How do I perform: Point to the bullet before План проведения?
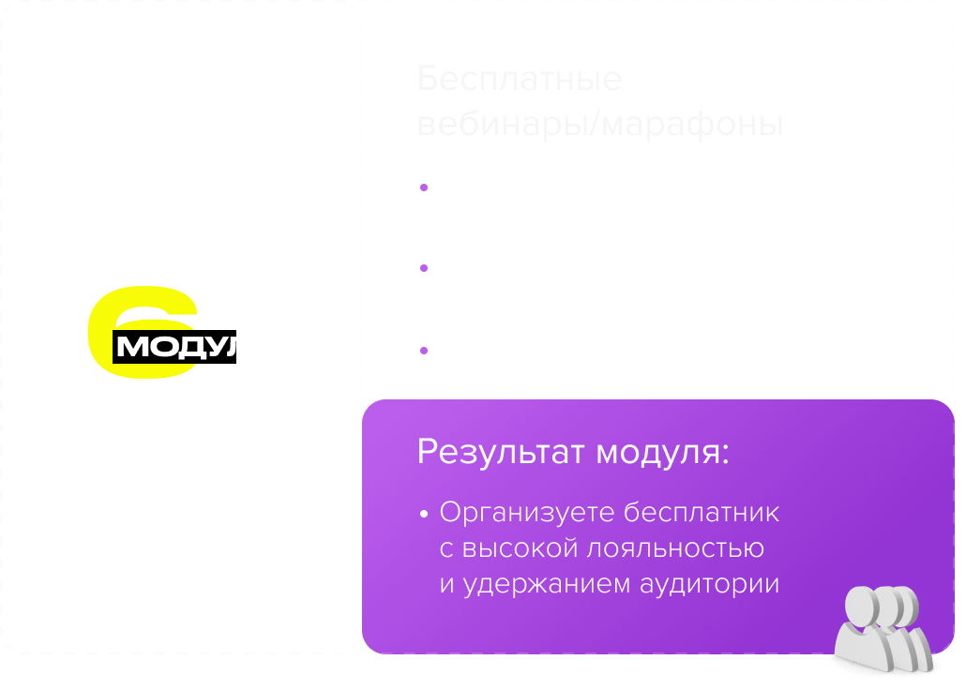(424, 187)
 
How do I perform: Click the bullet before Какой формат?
(424, 270)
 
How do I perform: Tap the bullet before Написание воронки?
(424, 352)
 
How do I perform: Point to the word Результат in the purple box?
(501, 453)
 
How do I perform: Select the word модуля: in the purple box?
(663, 453)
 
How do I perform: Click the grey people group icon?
(883, 628)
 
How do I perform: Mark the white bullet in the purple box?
(424, 515)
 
